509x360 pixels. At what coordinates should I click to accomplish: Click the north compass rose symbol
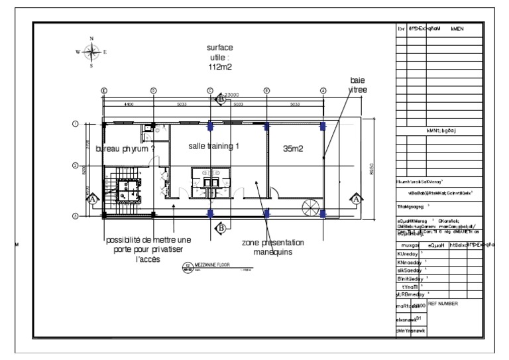91,52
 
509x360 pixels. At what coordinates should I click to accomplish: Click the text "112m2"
219,67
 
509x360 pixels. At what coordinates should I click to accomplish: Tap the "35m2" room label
293,150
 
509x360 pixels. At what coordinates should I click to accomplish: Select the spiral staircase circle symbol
311,206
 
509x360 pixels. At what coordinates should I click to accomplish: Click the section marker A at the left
93,199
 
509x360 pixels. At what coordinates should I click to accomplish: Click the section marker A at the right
356,199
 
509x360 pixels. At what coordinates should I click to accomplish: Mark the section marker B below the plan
221,228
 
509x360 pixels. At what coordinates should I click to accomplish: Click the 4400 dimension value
129,103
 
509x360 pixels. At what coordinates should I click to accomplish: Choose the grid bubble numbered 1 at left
76,124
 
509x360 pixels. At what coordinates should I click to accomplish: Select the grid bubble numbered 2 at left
76,166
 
